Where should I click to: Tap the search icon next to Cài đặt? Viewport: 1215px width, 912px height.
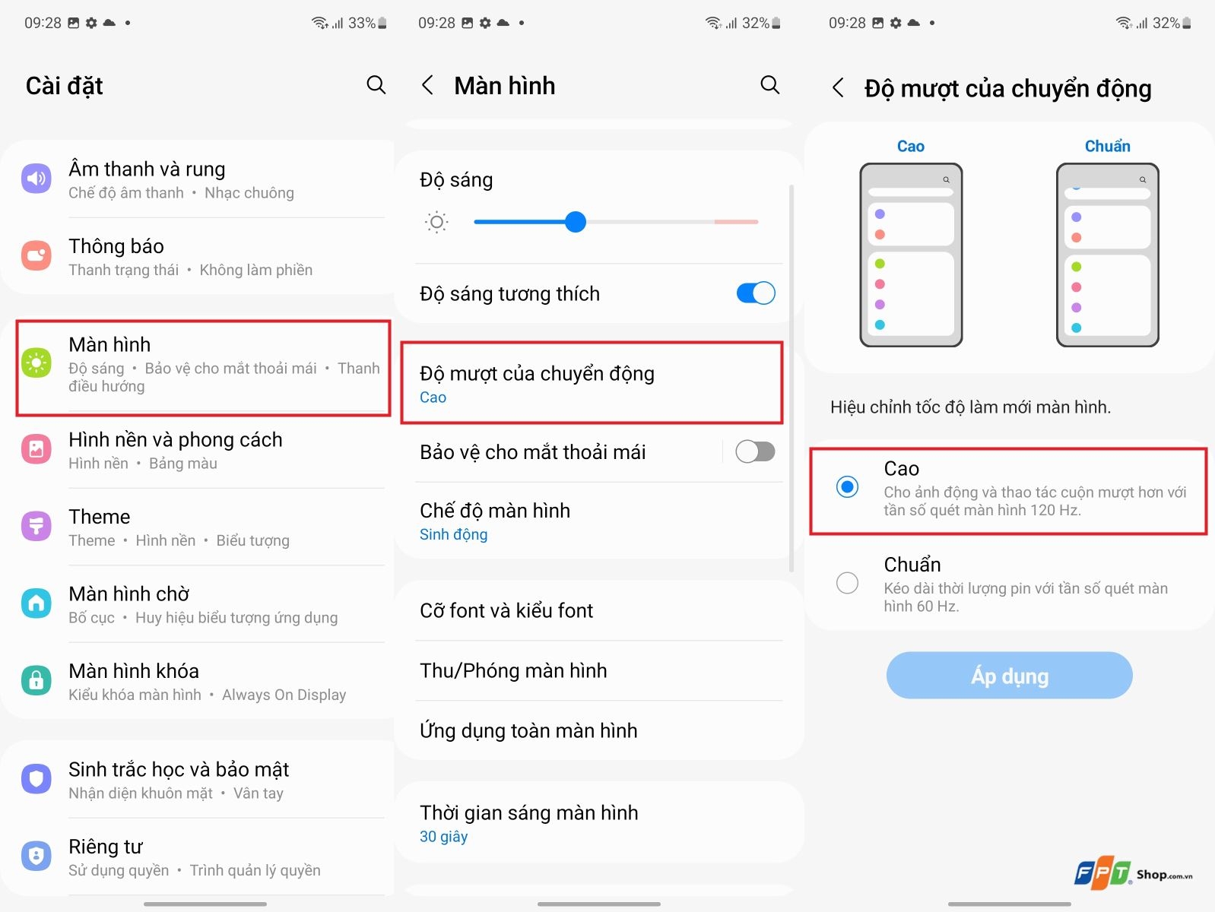click(x=376, y=84)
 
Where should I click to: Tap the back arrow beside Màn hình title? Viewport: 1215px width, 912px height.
click(x=428, y=85)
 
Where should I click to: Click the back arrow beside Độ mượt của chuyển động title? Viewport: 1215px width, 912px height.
click(x=838, y=88)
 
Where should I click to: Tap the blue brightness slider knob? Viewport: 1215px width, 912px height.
click(x=576, y=222)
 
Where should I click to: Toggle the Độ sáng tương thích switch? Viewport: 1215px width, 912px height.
click(x=755, y=293)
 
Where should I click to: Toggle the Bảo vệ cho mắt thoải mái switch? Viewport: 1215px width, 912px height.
click(x=754, y=452)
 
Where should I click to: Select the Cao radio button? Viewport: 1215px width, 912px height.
click(x=847, y=486)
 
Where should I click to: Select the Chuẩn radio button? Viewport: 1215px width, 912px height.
click(x=847, y=583)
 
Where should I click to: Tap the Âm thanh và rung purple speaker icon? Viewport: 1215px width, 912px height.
click(x=36, y=179)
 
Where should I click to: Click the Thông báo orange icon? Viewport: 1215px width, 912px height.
click(x=36, y=256)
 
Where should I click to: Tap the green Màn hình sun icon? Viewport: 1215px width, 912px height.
click(x=36, y=363)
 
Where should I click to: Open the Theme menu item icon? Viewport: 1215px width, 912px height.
click(x=36, y=526)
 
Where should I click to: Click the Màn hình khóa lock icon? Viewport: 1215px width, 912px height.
click(x=36, y=680)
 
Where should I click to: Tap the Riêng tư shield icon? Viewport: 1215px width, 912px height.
click(x=36, y=856)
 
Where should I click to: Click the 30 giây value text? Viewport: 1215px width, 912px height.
click(x=444, y=837)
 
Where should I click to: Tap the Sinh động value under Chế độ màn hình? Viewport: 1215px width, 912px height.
click(x=454, y=535)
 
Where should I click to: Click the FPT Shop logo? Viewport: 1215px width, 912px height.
click(x=1132, y=874)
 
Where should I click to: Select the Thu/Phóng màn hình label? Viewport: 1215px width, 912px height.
click(x=513, y=670)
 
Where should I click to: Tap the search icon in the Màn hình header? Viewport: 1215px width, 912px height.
click(x=769, y=84)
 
